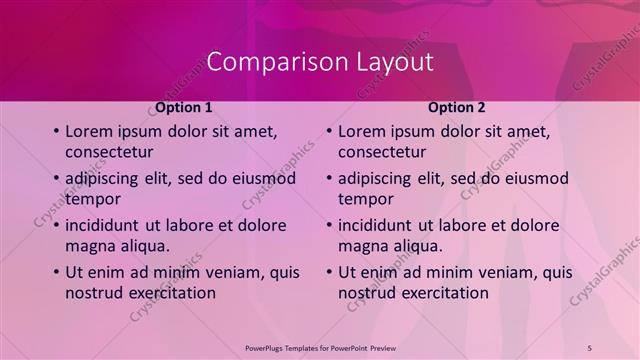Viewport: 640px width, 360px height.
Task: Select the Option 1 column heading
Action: point(184,107)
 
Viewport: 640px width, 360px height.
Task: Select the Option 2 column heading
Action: point(457,107)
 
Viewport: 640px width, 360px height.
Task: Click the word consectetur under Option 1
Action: point(109,152)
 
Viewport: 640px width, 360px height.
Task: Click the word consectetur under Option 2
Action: point(382,152)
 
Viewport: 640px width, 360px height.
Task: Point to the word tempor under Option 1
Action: point(92,198)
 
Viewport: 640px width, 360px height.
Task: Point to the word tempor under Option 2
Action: point(365,198)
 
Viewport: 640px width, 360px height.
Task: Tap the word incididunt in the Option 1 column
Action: point(106,225)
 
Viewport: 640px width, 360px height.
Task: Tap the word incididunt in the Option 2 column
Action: point(379,225)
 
